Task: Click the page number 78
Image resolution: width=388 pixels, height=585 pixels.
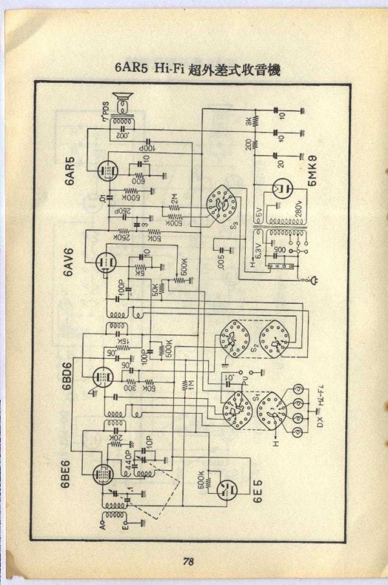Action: [x=188, y=561]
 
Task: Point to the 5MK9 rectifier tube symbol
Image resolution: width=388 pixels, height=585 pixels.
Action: [x=282, y=189]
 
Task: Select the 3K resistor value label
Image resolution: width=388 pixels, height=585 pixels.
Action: [x=248, y=122]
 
